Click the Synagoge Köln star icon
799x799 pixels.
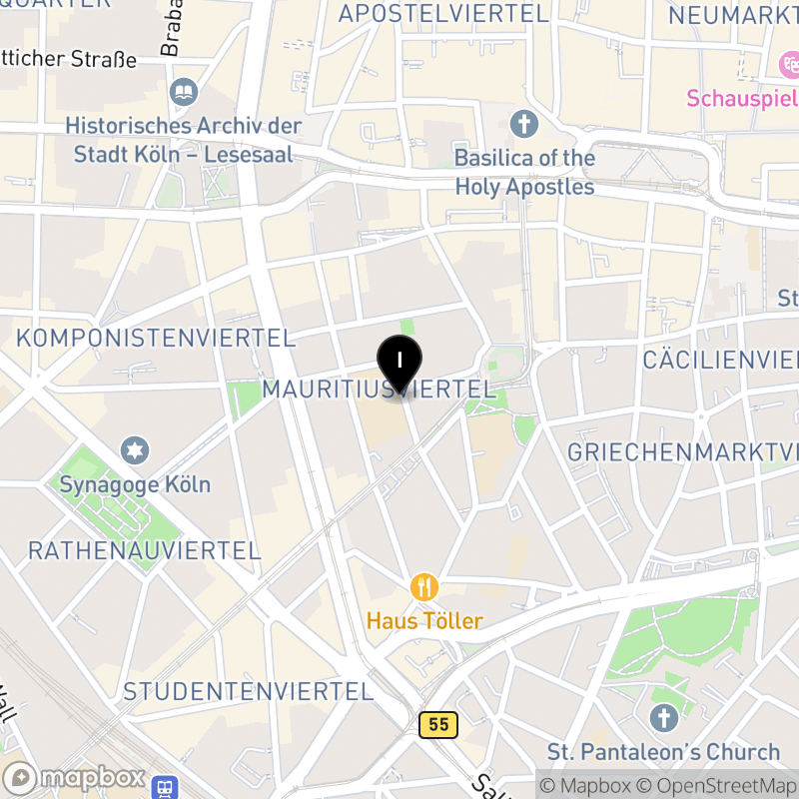click(x=135, y=450)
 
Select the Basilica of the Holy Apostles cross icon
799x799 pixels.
click(x=523, y=125)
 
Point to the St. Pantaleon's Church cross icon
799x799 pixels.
click(x=663, y=717)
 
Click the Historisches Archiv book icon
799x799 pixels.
click(x=184, y=93)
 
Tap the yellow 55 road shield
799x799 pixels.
click(x=438, y=724)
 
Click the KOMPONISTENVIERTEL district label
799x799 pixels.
click(x=155, y=338)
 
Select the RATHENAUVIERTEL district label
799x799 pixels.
click(x=144, y=550)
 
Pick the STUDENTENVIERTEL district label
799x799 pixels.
click(x=248, y=691)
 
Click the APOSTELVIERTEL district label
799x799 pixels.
click(x=443, y=14)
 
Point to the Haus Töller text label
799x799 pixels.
click(x=424, y=621)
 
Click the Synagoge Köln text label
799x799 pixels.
click(x=135, y=484)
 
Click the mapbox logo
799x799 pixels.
click(x=76, y=778)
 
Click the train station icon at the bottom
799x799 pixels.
click(x=165, y=788)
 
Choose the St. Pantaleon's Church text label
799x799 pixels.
click(x=663, y=752)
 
